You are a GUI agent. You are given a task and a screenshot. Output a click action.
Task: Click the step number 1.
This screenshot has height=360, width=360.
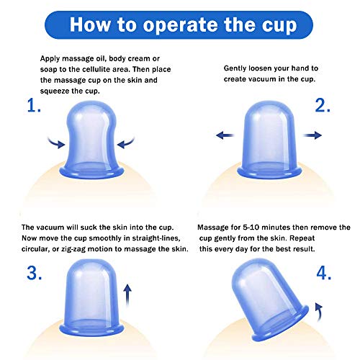(34, 106)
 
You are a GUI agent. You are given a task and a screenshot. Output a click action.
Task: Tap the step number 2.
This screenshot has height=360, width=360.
(323, 106)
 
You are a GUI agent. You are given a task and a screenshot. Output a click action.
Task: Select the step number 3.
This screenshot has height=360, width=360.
(35, 273)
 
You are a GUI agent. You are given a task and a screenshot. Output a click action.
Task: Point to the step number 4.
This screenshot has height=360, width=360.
(324, 273)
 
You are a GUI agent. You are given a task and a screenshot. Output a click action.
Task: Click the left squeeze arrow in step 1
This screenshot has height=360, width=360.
(57, 143)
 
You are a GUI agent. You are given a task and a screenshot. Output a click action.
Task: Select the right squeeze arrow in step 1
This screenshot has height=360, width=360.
(126, 143)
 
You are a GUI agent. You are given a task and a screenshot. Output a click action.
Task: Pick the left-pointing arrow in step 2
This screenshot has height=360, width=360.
(225, 135)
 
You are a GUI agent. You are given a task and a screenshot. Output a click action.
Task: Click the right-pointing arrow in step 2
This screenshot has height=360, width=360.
(312, 135)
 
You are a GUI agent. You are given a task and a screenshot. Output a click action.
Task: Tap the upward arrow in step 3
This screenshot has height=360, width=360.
(127, 294)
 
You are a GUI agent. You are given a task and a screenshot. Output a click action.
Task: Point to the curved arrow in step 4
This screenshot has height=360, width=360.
(319, 312)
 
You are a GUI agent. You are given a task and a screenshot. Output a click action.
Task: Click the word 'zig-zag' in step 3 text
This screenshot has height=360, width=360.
(73, 249)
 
